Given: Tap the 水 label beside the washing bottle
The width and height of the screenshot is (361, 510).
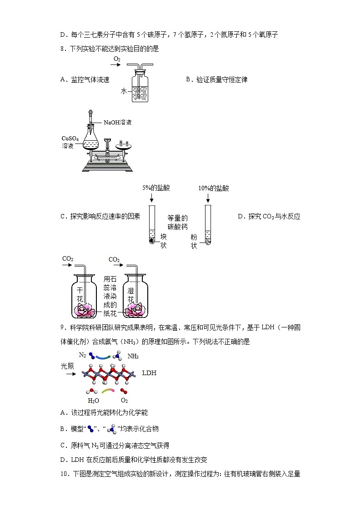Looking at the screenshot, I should [123, 91].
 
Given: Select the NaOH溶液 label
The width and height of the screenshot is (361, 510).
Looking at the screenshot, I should [118, 122].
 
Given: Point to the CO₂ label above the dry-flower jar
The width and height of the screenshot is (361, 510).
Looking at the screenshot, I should [68, 259].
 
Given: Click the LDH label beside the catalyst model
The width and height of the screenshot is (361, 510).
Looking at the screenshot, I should [149, 373].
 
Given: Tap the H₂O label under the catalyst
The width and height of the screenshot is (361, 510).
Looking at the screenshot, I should [93, 401].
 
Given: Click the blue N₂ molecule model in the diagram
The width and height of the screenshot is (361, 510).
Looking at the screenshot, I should [92, 357].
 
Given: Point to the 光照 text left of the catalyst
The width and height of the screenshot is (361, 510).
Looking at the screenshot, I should [67, 366].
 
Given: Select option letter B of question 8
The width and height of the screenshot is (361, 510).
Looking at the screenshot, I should [188, 79].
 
